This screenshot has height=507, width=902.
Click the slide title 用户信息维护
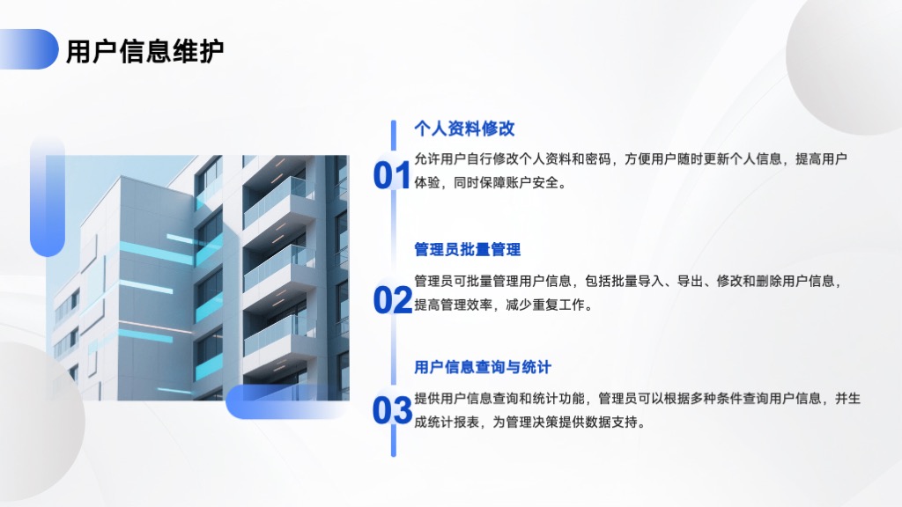click(x=145, y=51)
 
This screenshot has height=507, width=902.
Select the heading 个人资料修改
click(x=464, y=129)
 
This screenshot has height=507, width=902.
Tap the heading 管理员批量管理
click(x=467, y=249)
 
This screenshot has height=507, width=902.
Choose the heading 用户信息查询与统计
click(x=483, y=367)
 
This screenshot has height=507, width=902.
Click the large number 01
click(x=392, y=175)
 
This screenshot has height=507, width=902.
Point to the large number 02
click(x=392, y=300)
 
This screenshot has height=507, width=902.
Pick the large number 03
click(x=392, y=410)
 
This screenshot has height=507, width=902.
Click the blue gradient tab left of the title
click(x=29, y=49)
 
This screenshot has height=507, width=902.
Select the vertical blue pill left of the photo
click(x=48, y=196)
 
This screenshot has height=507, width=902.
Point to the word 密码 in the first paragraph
click(x=598, y=159)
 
